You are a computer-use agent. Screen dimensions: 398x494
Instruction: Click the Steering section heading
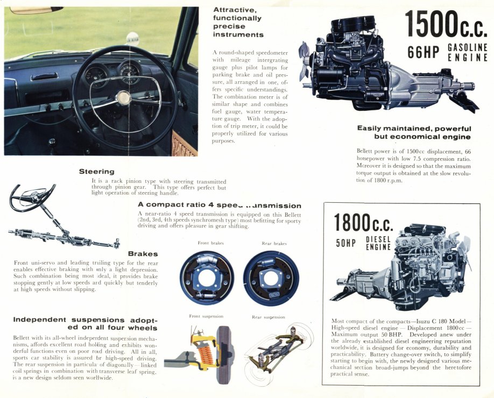tap(96, 172)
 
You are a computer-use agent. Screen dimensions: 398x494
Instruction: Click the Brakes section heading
tap(143, 253)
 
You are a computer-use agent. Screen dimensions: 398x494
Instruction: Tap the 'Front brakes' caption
tap(210, 243)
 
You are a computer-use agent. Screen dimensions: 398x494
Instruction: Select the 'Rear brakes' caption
tap(274, 243)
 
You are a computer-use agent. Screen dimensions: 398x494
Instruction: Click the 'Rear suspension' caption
tap(269, 317)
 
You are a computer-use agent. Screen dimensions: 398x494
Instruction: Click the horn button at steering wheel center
tap(124, 97)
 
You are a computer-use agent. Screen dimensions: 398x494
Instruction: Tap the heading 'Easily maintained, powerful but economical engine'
tap(414, 132)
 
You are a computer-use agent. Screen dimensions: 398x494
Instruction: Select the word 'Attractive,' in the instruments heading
tap(235, 10)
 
